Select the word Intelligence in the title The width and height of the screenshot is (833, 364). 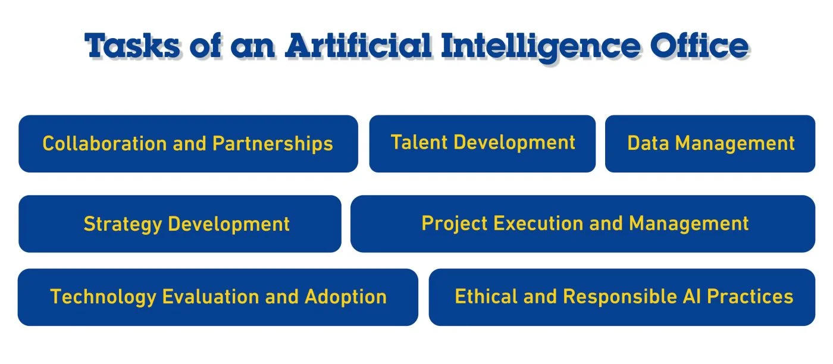click(x=541, y=47)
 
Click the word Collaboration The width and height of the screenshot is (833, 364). click(x=105, y=143)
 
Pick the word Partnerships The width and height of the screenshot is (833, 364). click(x=273, y=145)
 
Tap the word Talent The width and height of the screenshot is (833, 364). click(x=419, y=142)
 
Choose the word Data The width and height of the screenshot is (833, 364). click(x=648, y=143)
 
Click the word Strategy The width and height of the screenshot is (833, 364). click(x=123, y=225)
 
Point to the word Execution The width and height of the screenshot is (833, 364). click(x=538, y=223)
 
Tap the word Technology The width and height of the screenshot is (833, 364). click(x=103, y=297)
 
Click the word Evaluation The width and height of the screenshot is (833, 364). click(x=211, y=297)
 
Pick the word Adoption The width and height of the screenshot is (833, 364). click(x=346, y=297)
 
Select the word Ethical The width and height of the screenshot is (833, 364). click(x=486, y=296)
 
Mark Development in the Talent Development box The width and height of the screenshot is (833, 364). click(x=515, y=143)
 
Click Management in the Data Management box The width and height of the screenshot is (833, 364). click(x=735, y=144)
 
